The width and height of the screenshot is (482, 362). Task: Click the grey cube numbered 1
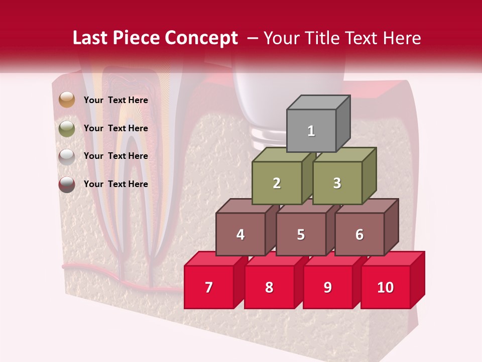coord(311,131)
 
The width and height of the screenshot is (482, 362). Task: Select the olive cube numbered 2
coord(277,183)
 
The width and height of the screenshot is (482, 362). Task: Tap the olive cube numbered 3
coord(337,183)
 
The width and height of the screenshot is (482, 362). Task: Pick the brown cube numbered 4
coord(240,234)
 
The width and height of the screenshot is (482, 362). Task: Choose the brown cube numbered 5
coord(301,234)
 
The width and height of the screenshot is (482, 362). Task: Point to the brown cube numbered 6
coord(359,234)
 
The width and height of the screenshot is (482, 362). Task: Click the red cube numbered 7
coord(209,287)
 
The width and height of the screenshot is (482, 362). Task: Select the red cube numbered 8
coord(269,287)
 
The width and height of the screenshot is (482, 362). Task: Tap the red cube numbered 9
coord(328,287)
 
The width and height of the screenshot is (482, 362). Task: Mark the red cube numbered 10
coord(386,287)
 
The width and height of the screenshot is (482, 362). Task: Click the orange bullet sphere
coord(66,100)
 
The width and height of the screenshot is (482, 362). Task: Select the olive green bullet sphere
coord(66,128)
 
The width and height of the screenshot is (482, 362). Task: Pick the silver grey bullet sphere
coord(66,156)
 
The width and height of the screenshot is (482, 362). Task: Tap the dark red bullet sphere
coord(66,184)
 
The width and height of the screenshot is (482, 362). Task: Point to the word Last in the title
coord(90,38)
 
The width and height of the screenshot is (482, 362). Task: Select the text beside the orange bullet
coord(116,100)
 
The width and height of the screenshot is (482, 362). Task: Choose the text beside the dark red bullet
coord(116,184)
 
